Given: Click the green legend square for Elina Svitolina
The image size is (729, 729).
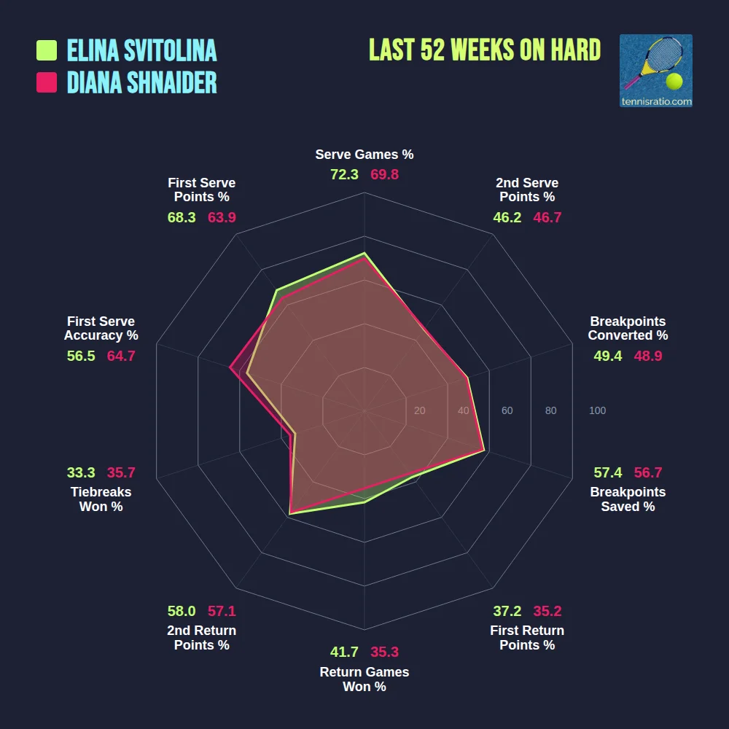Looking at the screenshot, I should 47,50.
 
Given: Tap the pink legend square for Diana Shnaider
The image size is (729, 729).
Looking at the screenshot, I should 47,82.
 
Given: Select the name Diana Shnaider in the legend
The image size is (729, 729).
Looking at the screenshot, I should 142,82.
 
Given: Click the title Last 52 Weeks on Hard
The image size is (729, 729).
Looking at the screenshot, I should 485,50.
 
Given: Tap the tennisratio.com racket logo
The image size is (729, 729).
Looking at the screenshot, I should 655,71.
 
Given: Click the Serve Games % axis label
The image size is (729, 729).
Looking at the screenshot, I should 364,155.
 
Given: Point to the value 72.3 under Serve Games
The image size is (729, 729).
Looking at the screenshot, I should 344,175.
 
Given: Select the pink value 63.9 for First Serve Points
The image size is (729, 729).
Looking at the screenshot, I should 222,217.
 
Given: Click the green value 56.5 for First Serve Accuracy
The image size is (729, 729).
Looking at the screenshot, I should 81,356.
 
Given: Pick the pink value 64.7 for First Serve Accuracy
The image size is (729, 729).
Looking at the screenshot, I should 121,356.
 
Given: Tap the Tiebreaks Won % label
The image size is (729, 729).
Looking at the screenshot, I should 101,499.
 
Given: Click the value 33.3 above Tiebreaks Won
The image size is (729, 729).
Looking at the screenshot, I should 81,472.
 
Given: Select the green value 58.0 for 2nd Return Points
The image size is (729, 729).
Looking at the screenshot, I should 182,611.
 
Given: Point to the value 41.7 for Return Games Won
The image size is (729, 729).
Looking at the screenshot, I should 344,652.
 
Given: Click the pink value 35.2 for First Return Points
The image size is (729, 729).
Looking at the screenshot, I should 547,611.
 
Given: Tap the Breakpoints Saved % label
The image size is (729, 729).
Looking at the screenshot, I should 628,499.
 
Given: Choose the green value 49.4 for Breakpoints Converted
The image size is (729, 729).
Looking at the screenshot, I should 608,356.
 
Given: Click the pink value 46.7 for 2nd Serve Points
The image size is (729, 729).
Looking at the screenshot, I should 547,217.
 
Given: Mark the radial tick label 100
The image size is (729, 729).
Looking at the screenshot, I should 597,410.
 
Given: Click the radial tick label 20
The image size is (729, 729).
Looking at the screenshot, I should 419,410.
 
